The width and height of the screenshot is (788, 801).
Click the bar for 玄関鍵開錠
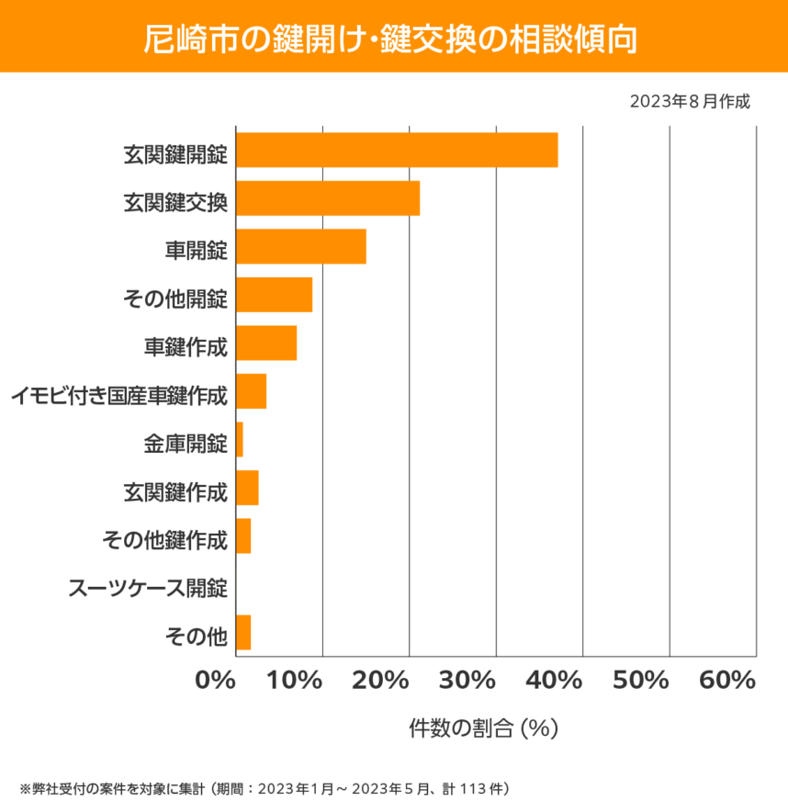click(x=397, y=150)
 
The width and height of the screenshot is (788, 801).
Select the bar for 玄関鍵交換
click(x=328, y=198)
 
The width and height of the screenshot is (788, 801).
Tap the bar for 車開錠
click(x=301, y=247)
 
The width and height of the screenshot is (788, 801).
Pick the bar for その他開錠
click(x=274, y=295)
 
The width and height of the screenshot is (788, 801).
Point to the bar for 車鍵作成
click(x=266, y=344)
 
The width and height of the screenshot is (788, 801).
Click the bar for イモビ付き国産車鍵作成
click(x=251, y=391)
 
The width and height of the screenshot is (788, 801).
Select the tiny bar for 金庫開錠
click(x=240, y=440)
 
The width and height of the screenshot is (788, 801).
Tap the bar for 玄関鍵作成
click(x=247, y=488)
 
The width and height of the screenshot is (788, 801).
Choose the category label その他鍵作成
click(x=164, y=537)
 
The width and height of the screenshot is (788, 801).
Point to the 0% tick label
click(x=216, y=682)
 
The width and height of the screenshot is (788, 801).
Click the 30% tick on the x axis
click(x=473, y=682)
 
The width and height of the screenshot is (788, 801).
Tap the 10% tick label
click(x=298, y=682)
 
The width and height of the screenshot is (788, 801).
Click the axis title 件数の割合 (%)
click(x=484, y=728)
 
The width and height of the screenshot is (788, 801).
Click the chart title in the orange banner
click(x=393, y=37)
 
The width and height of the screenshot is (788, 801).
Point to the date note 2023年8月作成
click(x=690, y=100)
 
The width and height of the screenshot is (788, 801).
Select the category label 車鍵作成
click(x=186, y=344)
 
